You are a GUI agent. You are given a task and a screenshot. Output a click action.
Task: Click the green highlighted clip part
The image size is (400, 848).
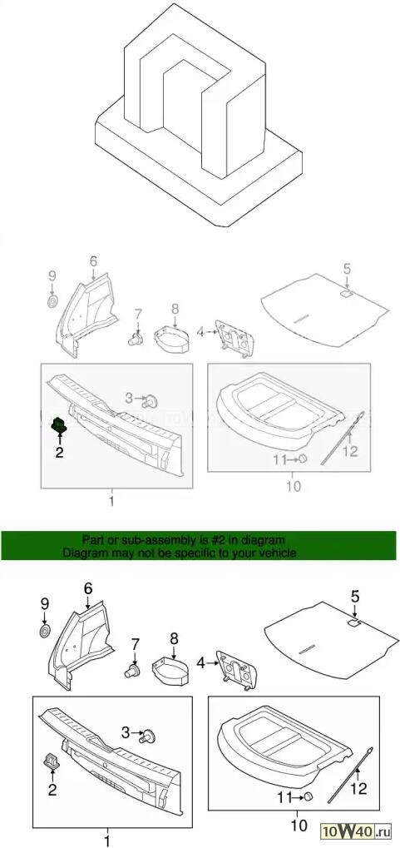pos(58,424)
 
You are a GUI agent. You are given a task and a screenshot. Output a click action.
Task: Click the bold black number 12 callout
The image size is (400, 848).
pos(358,789)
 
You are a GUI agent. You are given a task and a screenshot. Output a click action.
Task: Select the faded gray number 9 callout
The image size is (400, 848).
pos(52,275)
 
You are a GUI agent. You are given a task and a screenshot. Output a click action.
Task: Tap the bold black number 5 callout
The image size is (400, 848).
pos(354,597)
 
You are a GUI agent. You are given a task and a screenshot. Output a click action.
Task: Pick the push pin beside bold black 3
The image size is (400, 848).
pos(147,736)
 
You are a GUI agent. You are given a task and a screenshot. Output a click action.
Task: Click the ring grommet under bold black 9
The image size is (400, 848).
pos(45,631)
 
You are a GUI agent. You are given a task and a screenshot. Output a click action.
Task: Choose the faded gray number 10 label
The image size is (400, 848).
pos(293,486)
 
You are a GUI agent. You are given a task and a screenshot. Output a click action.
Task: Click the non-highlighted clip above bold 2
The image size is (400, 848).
pos(50,760)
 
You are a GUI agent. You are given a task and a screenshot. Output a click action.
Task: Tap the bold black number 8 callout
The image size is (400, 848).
pos(174,638)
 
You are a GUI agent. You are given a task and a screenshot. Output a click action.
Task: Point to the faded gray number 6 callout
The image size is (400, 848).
pos(93,262)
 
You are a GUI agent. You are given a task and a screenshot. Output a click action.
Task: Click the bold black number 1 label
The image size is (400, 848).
pos(107,841)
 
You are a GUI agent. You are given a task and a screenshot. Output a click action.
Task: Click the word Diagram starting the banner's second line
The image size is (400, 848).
pos(82,553)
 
